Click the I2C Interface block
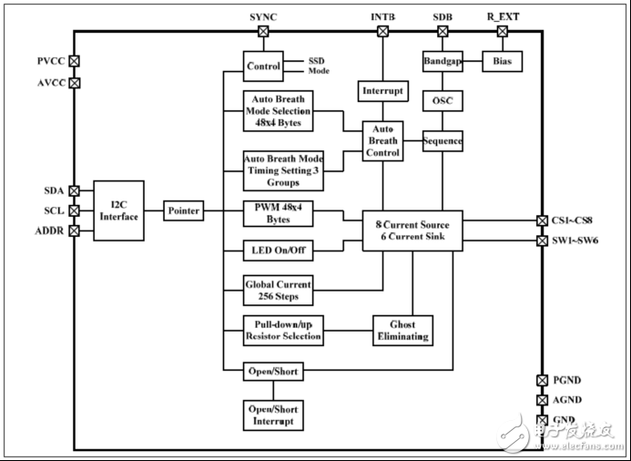(118, 210)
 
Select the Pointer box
(183, 210)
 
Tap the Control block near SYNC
(263, 66)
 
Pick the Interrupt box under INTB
(382, 91)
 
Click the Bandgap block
(443, 61)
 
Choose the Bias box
(502, 61)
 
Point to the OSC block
(443, 100)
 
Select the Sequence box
(443, 140)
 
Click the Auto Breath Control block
(382, 141)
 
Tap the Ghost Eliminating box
(402, 331)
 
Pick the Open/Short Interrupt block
(272, 415)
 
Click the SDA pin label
(55, 190)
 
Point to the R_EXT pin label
(503, 16)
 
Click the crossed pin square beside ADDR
(75, 230)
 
